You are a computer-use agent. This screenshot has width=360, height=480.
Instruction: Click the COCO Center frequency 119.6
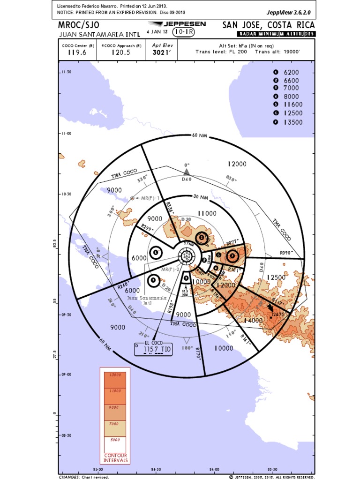coord(77,52)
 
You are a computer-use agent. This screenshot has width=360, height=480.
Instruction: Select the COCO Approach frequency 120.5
coord(120,52)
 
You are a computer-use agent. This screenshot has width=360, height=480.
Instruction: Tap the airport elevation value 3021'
coord(160,52)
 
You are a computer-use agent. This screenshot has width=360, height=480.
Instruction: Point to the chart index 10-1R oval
coord(184,32)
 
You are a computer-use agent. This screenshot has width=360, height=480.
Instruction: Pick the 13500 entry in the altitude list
coord(293,122)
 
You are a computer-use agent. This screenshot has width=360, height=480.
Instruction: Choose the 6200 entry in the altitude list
coord(291,72)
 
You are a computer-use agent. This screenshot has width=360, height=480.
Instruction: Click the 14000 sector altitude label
coord(253,321)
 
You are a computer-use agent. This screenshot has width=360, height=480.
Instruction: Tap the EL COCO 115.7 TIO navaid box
coord(153,349)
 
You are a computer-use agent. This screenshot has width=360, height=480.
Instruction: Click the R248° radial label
coord(123,285)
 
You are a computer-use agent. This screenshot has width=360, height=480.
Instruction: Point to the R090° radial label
coord(286,252)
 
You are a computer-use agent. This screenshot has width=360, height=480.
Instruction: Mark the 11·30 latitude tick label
coord(66,72)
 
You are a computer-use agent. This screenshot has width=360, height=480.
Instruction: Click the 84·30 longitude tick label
coord(156,469)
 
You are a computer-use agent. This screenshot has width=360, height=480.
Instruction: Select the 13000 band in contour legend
coord(115,375)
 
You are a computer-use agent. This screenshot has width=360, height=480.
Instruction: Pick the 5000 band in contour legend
coord(115,440)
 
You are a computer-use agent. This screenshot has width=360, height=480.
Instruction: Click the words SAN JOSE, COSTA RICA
coord(268,25)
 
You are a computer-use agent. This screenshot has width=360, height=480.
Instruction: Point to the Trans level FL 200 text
coord(222,52)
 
